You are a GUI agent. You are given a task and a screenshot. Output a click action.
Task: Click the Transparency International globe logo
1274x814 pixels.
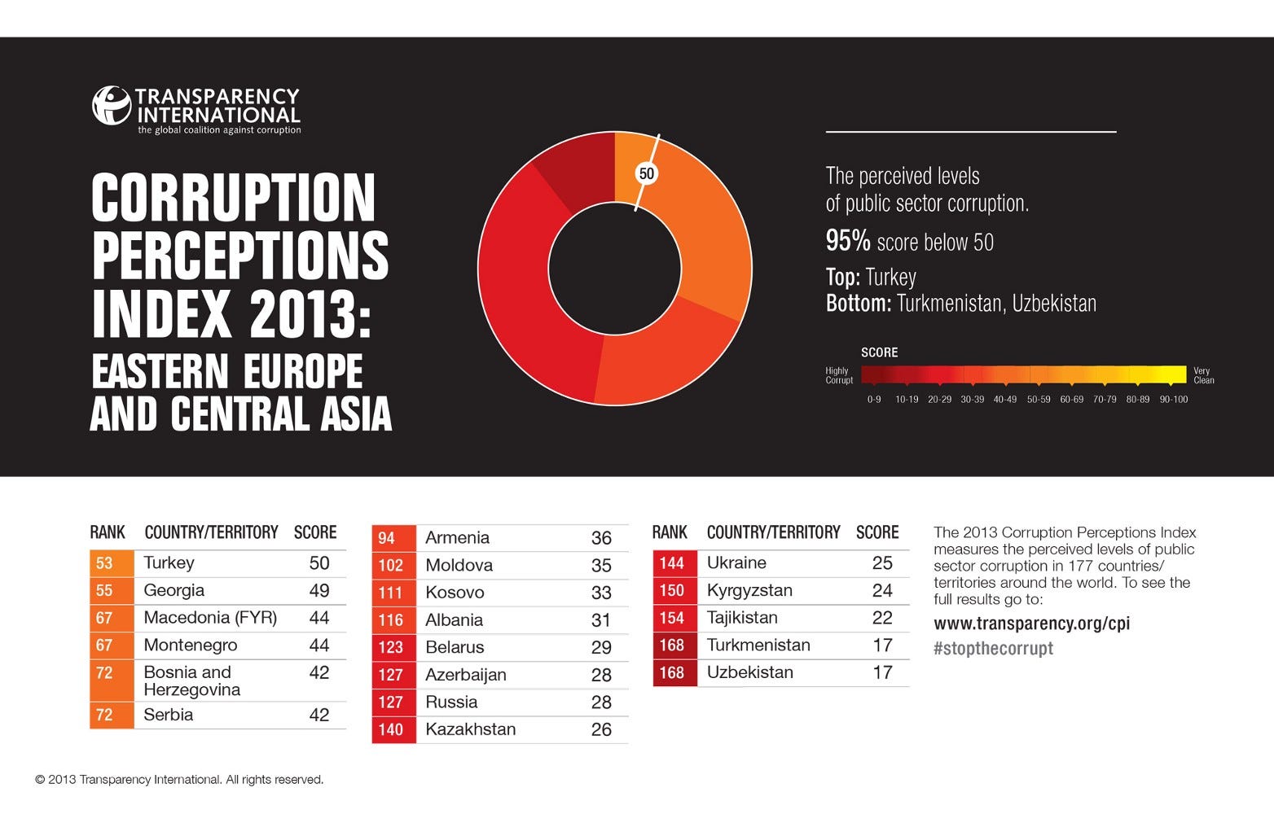[112, 106]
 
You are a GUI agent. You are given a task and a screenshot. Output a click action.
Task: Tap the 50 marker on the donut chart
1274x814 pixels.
[647, 173]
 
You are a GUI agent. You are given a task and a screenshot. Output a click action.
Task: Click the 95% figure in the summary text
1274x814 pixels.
[848, 242]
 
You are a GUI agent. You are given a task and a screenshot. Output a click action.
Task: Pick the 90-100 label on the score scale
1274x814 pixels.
[1174, 400]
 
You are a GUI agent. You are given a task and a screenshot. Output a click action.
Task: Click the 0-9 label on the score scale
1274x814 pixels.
[874, 400]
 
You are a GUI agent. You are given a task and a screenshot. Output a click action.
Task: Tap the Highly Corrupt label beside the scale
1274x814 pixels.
[838, 375]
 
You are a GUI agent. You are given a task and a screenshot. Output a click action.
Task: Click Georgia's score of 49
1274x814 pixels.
[319, 591]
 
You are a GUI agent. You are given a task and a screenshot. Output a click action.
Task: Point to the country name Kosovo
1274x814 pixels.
[455, 593]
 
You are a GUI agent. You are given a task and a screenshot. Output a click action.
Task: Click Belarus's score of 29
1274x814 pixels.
[601, 647]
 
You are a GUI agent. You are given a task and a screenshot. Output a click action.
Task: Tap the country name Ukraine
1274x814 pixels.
[736, 563]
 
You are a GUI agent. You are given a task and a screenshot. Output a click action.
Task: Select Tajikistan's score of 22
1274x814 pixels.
[882, 618]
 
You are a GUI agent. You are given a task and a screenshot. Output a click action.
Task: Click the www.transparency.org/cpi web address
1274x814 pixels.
[1031, 624]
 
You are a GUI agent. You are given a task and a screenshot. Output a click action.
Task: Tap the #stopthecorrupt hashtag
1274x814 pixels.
[993, 649]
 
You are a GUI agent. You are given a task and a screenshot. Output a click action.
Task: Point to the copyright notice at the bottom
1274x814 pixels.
[179, 780]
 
